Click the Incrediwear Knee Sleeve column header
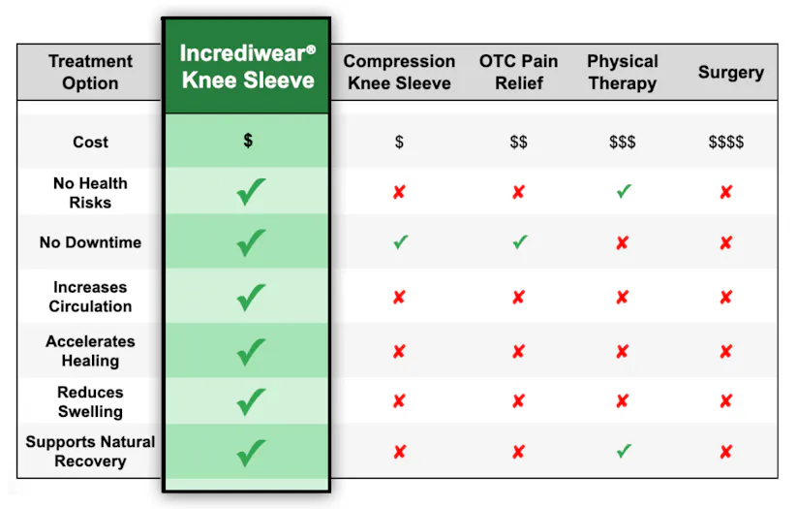click(x=248, y=67)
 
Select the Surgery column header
click(x=731, y=73)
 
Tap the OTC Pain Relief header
click(x=518, y=72)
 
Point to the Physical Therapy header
click(x=623, y=72)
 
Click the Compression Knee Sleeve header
click(x=399, y=72)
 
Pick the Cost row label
click(x=90, y=142)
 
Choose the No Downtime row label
click(x=90, y=242)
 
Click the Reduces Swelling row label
click(x=90, y=401)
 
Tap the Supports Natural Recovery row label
click(x=90, y=451)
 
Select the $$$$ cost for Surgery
click(x=726, y=142)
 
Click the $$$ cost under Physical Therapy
click(x=623, y=142)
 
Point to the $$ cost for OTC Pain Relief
click(x=518, y=142)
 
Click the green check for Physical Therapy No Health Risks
click(x=624, y=191)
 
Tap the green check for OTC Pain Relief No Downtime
click(x=519, y=241)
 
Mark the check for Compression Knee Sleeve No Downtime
click(x=401, y=241)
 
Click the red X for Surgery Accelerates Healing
click(x=726, y=351)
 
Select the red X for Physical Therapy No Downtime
click(x=622, y=242)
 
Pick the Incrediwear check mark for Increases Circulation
click(x=251, y=297)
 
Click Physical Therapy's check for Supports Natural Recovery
click(x=624, y=451)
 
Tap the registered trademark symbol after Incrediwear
click(x=311, y=49)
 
